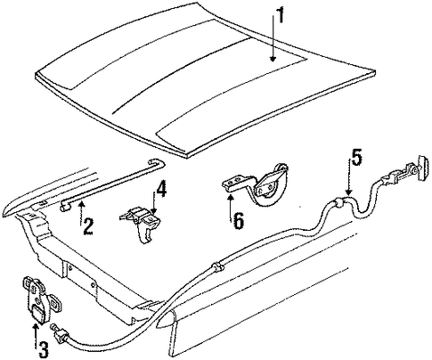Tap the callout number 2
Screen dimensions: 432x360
[88, 226]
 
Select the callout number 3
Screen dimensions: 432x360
[43, 349]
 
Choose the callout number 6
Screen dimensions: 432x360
[239, 221]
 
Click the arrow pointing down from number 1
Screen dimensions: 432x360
[273, 38]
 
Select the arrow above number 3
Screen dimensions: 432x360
[36, 336]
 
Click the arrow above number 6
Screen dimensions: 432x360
[231, 209]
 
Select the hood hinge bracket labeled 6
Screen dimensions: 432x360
[257, 184]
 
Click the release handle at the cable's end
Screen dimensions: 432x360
[423, 168]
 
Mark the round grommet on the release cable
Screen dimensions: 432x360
[338, 203]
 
